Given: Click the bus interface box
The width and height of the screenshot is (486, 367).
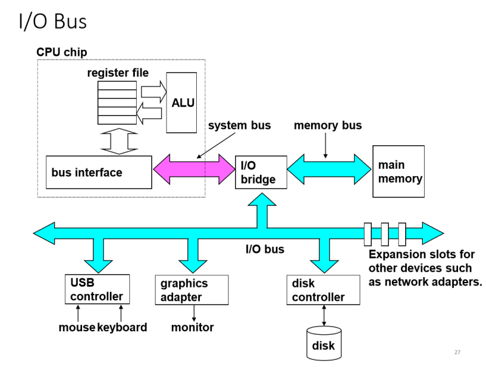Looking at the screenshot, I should click(x=99, y=173).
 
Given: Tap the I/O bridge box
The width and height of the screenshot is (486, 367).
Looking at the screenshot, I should click(x=260, y=173).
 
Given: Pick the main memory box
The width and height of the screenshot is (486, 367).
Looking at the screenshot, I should click(x=398, y=171).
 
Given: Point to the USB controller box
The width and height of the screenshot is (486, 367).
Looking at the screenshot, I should click(x=97, y=290).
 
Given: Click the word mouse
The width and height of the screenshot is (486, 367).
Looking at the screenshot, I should click(x=77, y=328).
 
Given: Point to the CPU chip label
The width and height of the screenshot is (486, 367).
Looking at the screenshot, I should click(x=62, y=53).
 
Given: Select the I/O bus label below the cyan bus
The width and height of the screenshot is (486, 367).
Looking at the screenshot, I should click(x=264, y=249).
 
